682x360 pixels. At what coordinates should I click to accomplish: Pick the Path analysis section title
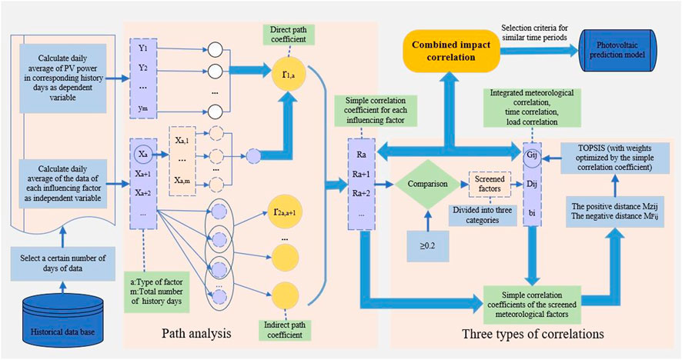click(x=199, y=335)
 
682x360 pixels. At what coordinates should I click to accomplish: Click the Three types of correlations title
click(x=532, y=335)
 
